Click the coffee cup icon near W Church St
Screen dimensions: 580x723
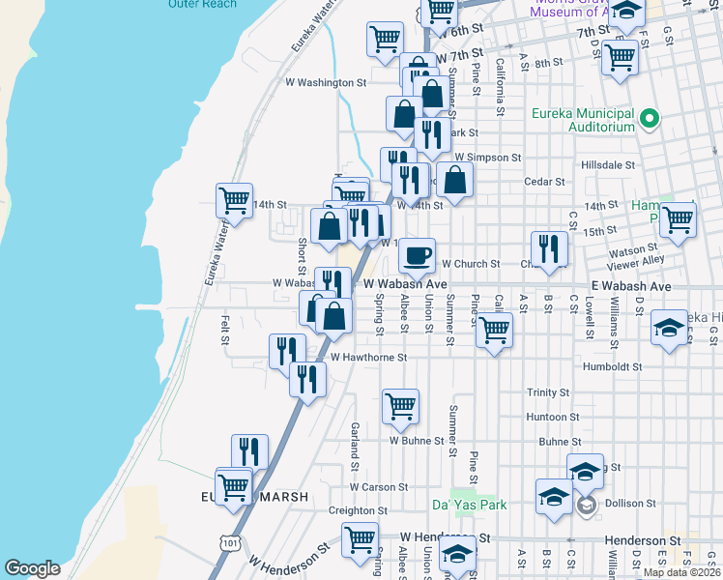tap(417, 255)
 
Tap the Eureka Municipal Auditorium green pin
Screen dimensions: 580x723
tap(650, 120)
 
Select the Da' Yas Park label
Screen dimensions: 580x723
tap(469, 505)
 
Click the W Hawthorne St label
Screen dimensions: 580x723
tap(368, 357)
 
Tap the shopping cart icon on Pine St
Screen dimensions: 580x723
tap(494, 330)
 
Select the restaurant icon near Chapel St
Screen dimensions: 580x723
tap(548, 247)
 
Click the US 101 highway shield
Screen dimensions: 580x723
tap(230, 544)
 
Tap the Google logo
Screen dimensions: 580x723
tap(32, 568)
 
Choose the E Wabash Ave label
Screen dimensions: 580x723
tap(630, 286)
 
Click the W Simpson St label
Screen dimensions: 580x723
tap(487, 157)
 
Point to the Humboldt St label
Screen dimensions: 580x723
tap(612, 367)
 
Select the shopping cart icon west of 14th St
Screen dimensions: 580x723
tap(234, 200)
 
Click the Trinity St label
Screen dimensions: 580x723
tap(547, 392)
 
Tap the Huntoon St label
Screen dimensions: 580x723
tap(553, 418)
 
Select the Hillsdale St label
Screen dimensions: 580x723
tap(608, 165)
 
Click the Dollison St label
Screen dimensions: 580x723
tap(629, 504)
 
